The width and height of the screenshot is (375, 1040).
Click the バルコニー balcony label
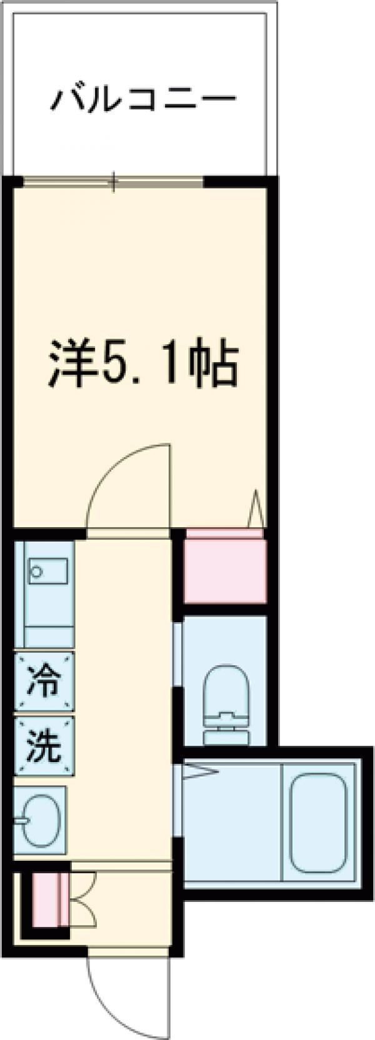coord(144,99)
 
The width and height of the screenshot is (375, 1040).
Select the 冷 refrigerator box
coord(44,681)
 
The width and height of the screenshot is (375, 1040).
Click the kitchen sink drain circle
coord(36,572)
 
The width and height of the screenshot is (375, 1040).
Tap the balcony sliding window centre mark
coord(113,182)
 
